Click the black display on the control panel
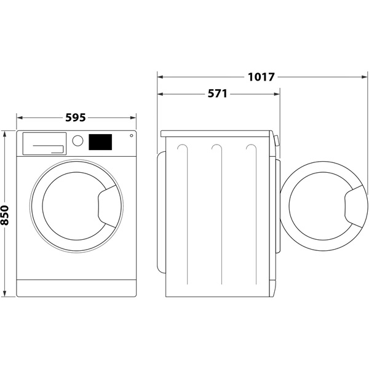point(101,142)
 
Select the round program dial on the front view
point(77,140)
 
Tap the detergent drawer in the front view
point(44,143)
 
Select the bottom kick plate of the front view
point(76,287)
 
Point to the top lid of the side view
point(215,133)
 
